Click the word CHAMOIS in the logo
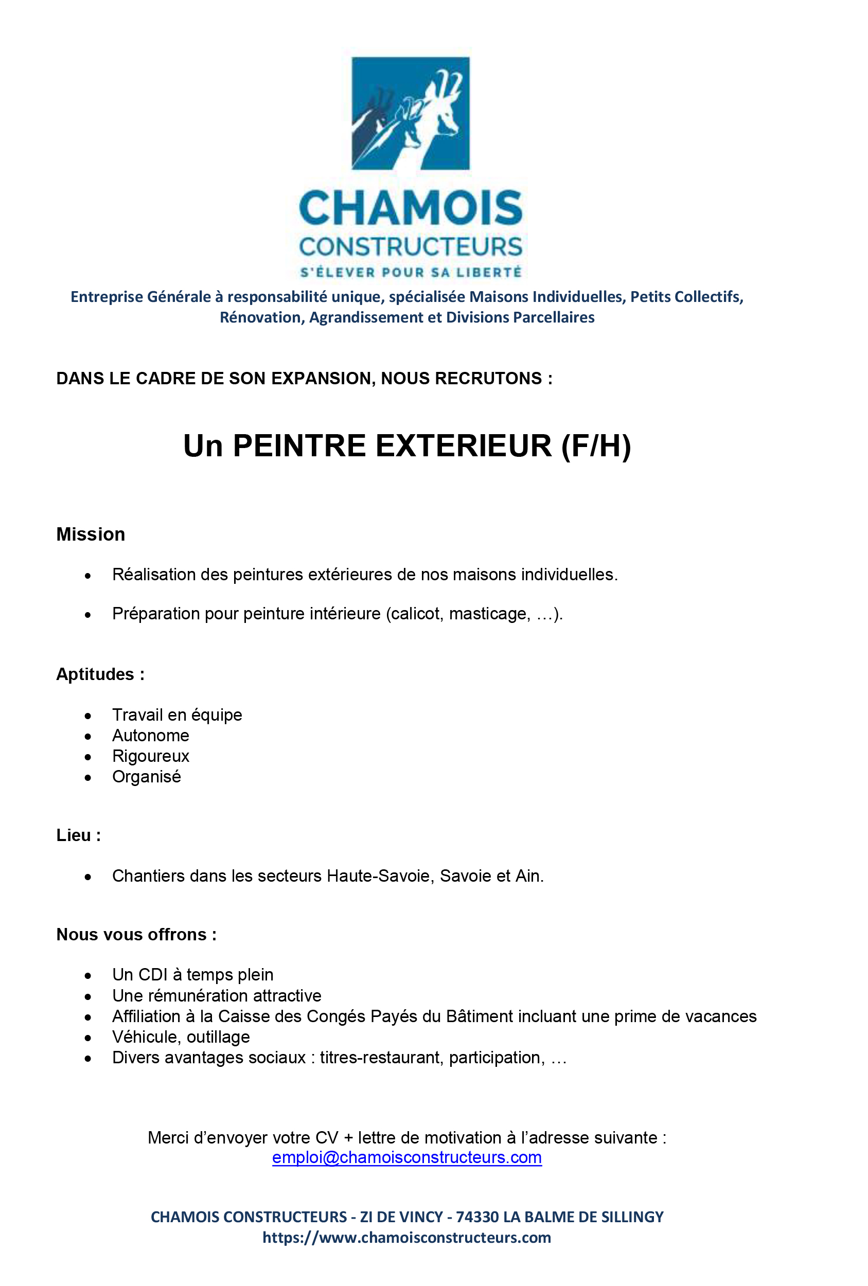point(410,208)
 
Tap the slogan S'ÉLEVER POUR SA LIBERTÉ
point(410,272)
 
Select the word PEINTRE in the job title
point(299,446)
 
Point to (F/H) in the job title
point(596,446)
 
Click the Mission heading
point(91,534)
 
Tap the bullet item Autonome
point(151,736)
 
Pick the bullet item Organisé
point(147,777)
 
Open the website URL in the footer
point(407,1237)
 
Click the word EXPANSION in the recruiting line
point(322,379)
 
